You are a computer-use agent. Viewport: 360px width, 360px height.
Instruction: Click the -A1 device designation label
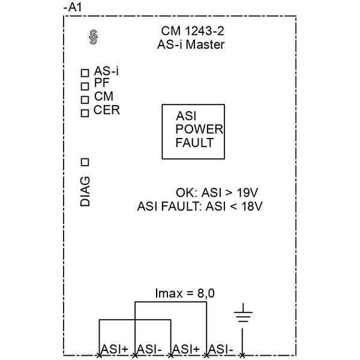pos(73,8)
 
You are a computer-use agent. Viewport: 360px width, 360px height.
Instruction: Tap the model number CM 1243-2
pos(193,31)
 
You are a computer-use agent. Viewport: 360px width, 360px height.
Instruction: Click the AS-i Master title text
pos(191,44)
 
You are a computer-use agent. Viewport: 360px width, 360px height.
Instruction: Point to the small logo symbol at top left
pos(93,37)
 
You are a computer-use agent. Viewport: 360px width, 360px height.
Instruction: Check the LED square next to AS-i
pos(85,73)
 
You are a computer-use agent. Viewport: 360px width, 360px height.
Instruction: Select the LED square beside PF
pos(85,86)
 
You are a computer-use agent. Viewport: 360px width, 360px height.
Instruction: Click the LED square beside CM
pos(85,100)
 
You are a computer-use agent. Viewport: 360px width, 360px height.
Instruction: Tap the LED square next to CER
pos(85,113)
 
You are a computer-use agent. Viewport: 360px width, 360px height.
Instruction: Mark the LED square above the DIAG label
pos(85,163)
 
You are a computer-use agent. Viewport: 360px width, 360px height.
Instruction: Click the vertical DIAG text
pos(85,191)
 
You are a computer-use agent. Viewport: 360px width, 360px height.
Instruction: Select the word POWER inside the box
pos(199,129)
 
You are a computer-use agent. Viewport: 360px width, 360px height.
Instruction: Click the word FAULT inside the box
pos(194,143)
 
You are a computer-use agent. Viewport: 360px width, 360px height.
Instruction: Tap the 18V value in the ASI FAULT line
pos(251,206)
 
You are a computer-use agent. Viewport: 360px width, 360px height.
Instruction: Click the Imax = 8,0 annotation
pos(185,293)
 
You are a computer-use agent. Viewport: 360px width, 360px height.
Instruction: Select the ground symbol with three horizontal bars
pos(243,313)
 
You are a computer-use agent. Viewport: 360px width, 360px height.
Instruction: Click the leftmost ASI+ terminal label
pos(115,349)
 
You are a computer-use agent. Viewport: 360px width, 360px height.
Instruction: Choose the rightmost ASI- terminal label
pos(221,349)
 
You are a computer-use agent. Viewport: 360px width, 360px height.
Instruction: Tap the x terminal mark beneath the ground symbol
pos(242,356)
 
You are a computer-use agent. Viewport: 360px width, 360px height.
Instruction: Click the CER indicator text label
pos(107,110)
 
